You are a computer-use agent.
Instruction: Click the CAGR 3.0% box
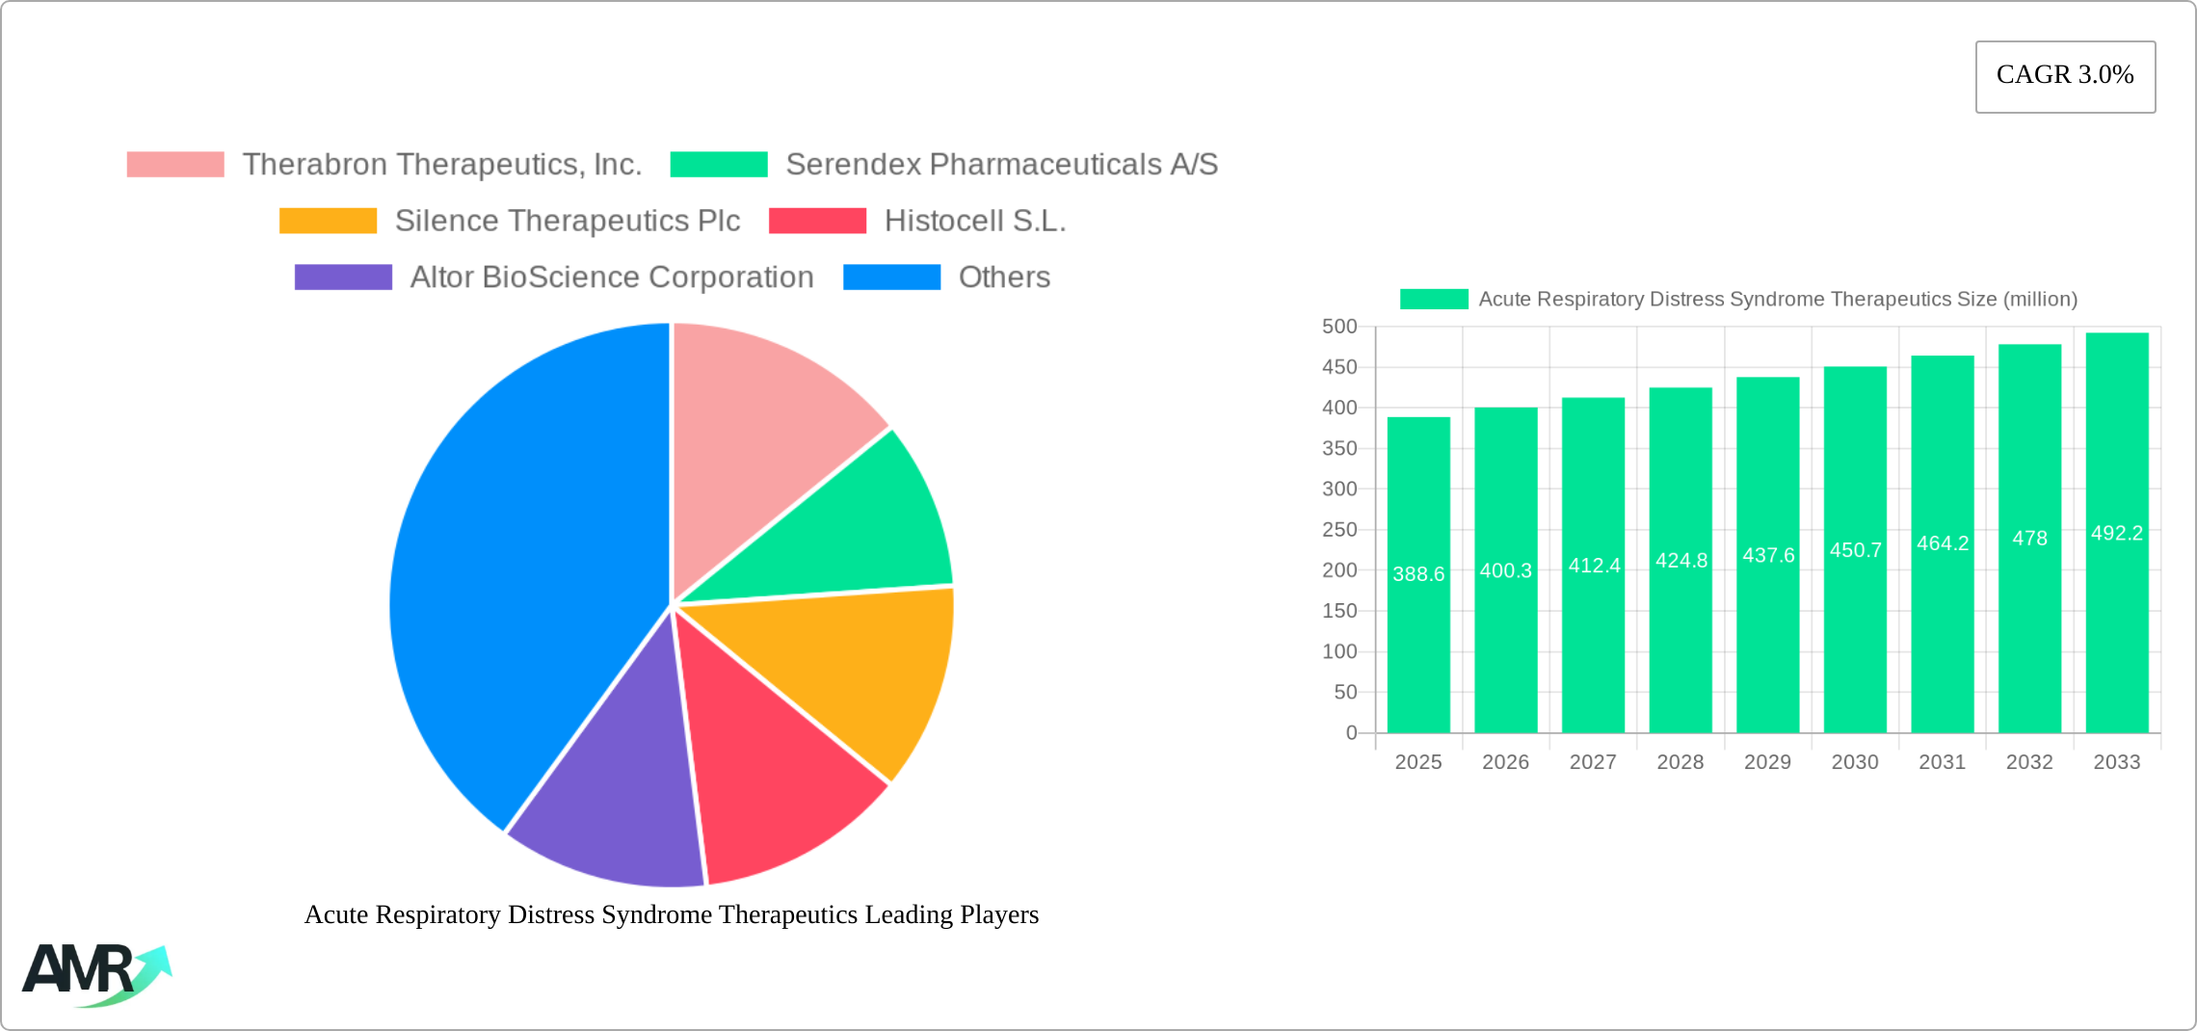[x=2065, y=76]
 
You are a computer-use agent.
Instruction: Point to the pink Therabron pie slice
[x=761, y=424]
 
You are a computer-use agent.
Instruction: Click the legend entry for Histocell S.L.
[x=974, y=221]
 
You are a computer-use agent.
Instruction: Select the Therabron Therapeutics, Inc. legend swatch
[x=175, y=165]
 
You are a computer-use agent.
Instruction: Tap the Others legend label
[x=1003, y=278]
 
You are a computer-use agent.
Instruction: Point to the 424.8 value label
[x=1681, y=560]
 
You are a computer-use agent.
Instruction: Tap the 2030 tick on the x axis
[x=1855, y=762]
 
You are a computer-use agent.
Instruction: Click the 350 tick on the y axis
[x=1339, y=448]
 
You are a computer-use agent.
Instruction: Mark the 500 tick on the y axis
[x=1339, y=327]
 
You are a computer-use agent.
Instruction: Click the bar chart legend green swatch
[x=1434, y=299]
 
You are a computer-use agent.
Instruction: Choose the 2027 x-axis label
[x=1593, y=762]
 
